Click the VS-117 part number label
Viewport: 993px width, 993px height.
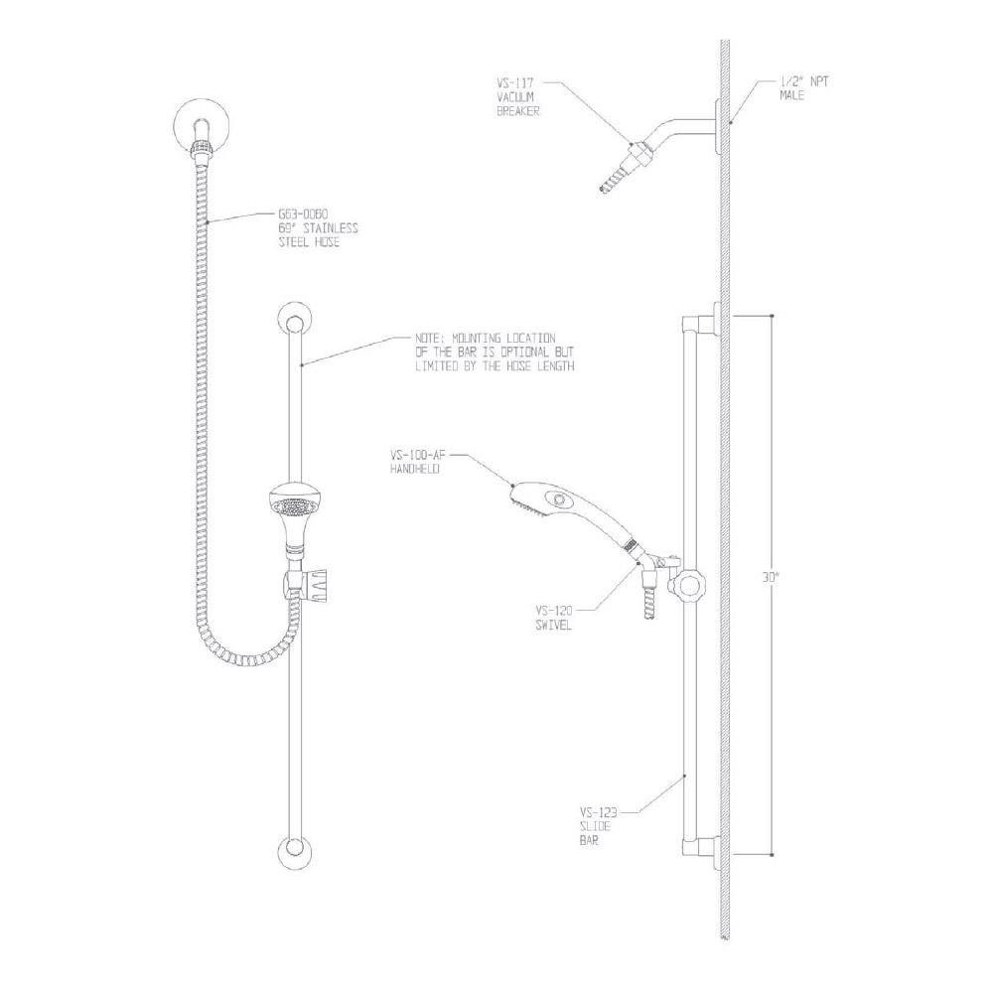coord(512,84)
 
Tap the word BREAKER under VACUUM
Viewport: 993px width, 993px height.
coord(516,112)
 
